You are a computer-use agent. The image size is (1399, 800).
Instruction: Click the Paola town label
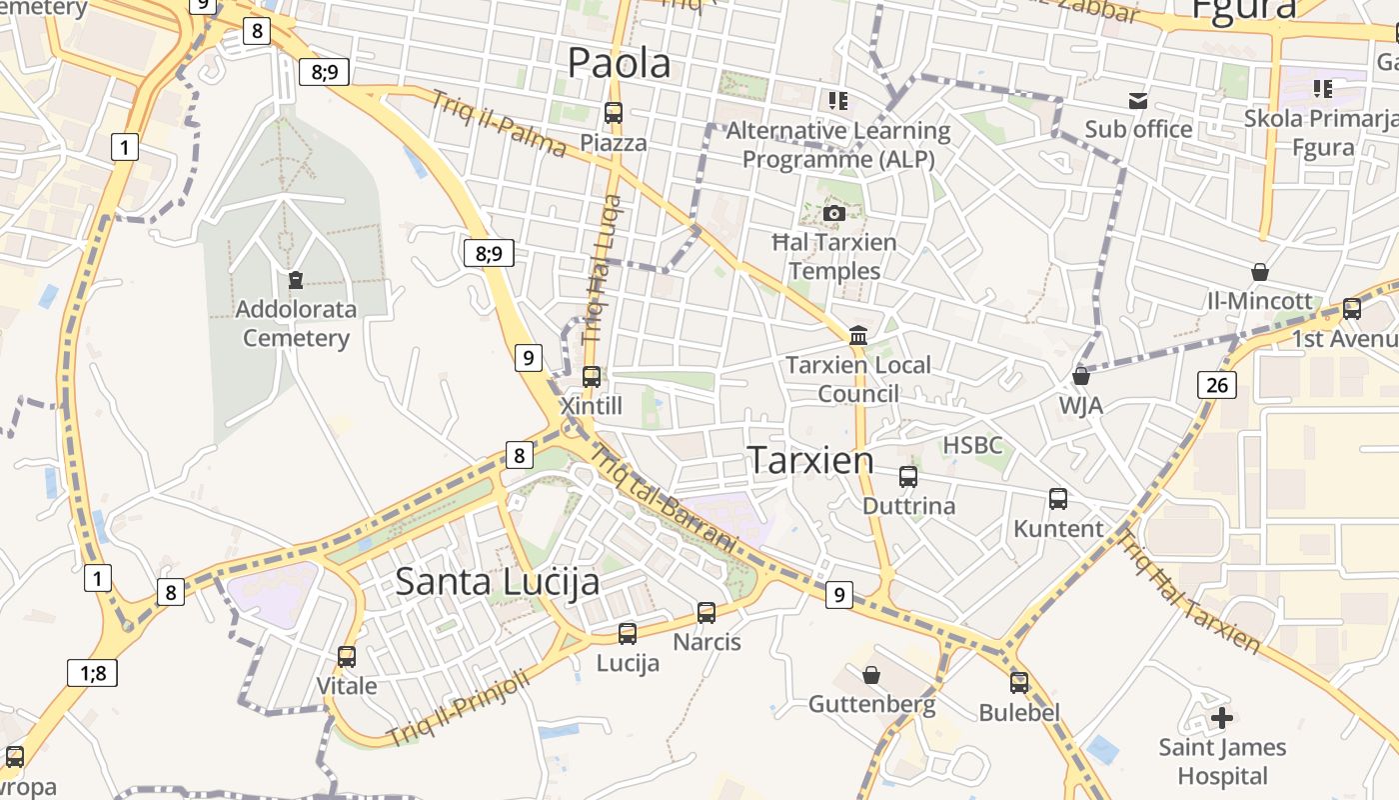pos(619,63)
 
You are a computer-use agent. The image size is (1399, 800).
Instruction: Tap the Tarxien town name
pos(810,460)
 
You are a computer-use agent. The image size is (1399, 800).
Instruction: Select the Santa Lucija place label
pos(497,581)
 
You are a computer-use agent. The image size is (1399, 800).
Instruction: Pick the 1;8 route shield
pos(93,673)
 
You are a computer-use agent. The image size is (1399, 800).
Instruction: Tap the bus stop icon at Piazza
pos(614,113)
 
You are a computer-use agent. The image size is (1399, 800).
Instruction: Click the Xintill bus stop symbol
pos(592,377)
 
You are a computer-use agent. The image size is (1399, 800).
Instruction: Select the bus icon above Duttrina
pos(908,477)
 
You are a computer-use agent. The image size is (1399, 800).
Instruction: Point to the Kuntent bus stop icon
pos(1058,499)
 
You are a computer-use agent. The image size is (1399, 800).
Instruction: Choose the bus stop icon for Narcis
pos(706,613)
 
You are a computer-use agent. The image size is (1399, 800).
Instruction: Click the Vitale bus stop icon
pos(347,657)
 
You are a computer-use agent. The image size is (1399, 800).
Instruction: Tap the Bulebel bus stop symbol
pos(1019,683)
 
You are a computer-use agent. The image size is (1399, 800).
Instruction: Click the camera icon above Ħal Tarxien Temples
pos(834,213)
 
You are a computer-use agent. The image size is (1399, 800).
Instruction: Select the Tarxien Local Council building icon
pos(858,336)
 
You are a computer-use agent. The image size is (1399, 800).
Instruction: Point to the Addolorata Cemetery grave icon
pos(296,280)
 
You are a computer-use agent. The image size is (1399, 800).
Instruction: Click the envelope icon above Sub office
pos(1138,100)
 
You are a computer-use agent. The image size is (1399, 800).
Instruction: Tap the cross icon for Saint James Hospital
pos(1221,717)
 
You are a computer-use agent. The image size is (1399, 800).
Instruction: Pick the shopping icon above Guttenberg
pos(871,675)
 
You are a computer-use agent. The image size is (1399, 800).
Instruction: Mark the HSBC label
pos(972,445)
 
